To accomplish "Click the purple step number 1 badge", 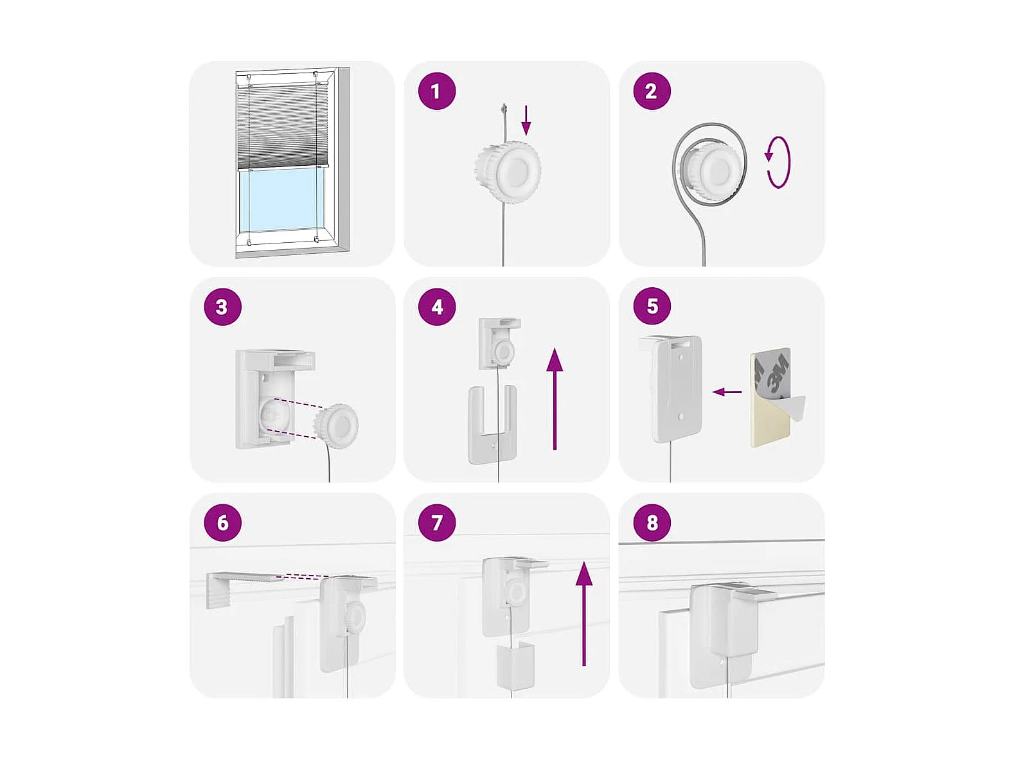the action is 436,91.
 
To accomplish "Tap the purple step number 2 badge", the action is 652,91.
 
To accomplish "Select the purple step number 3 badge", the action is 222,306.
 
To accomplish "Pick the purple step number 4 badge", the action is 436,306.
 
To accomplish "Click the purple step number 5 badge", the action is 652,306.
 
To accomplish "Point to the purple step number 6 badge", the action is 222,522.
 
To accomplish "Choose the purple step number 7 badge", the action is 436,522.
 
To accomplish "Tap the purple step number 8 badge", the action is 652,522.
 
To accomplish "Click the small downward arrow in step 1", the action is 526,121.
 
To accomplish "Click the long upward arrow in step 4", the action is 555,399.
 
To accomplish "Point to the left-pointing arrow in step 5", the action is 727,393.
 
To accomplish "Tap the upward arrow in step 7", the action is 584,614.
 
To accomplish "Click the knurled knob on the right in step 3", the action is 336,422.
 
